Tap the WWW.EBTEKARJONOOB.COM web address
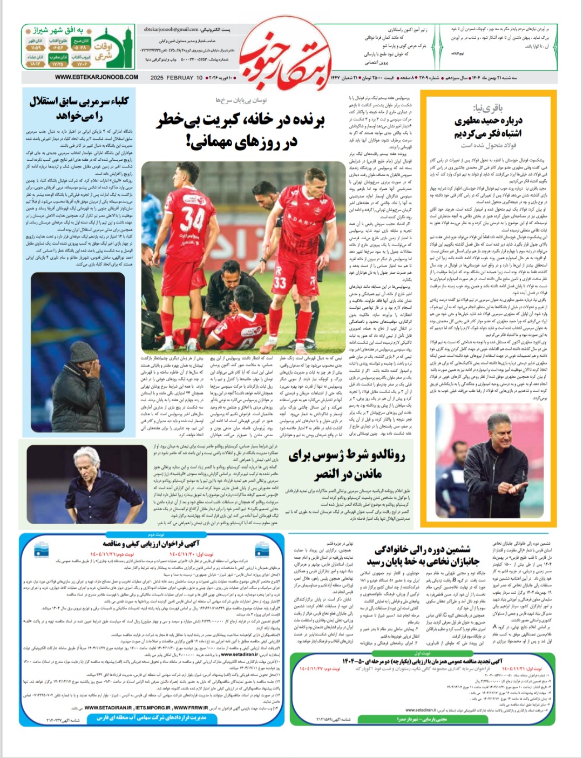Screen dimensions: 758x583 coord(96,77)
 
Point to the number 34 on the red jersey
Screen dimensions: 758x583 coord(192,219)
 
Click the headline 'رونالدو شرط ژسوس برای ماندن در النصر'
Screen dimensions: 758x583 coord(346,464)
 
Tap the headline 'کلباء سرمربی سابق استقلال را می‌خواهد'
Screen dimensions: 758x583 coord(79,109)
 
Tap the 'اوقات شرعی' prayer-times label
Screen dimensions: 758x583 coord(103,51)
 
